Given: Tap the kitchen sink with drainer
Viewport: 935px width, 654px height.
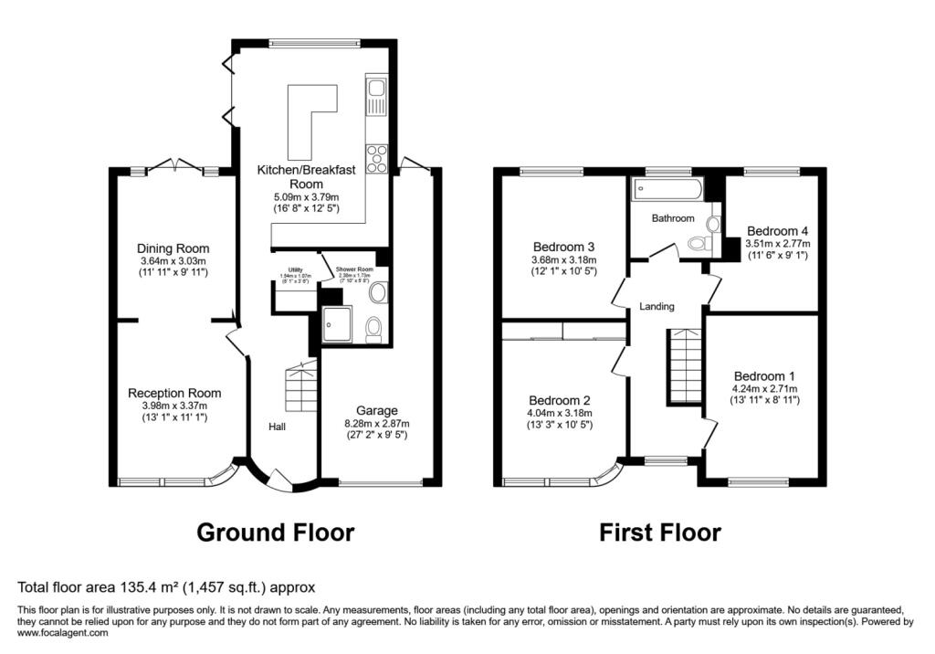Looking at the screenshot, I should click(375, 99).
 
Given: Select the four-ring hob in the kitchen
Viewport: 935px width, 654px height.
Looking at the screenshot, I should click(375, 159).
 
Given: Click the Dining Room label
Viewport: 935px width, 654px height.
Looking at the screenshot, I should click(173, 248).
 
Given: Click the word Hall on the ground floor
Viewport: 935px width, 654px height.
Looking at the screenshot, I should click(278, 427).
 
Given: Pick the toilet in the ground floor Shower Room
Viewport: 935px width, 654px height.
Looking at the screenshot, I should click(373, 328).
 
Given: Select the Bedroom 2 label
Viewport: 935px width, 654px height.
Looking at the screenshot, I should click(560, 400).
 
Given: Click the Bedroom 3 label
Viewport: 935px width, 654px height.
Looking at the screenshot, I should click(564, 247).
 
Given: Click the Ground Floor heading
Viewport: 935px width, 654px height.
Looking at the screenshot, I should click(275, 533).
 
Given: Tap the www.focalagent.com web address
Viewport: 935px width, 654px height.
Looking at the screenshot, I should click(63, 632).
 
